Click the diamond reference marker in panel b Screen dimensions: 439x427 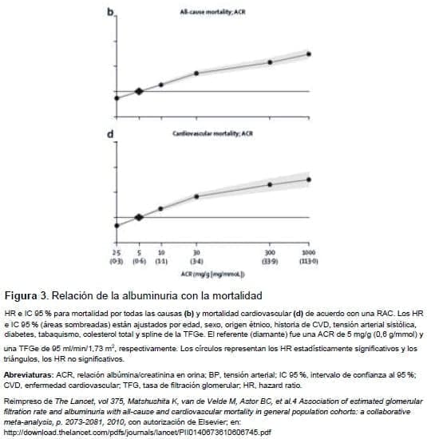139,91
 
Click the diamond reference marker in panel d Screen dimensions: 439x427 139,216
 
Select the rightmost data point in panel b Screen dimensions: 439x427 309,54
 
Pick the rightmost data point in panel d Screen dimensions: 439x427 309,180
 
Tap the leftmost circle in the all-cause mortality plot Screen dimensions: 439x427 117,98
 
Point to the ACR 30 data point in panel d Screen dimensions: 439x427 196,196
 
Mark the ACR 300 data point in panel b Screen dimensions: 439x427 270,61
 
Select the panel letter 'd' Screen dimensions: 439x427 113,134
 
